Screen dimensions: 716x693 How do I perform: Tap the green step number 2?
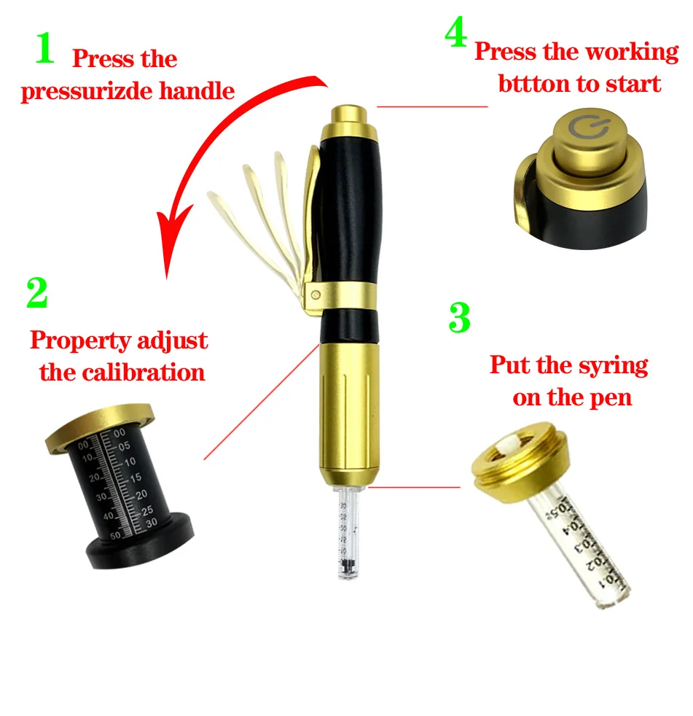tap(36, 293)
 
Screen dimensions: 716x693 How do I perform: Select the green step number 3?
tap(458, 318)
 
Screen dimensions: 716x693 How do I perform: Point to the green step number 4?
tap(456, 34)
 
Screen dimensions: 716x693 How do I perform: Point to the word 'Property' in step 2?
tap(79, 341)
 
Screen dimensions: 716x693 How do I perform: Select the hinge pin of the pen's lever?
tap(316, 295)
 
